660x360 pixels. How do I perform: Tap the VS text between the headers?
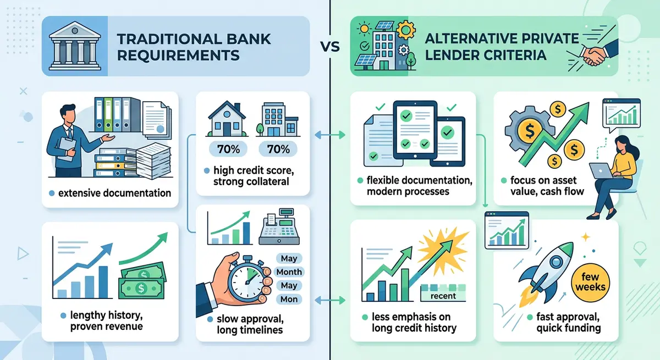point(330,47)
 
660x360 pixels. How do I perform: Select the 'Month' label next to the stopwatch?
point(289,272)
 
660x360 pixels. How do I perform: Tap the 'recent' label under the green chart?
point(443,296)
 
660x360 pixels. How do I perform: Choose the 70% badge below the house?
point(224,148)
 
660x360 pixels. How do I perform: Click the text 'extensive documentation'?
point(114,193)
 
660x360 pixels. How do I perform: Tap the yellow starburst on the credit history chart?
point(435,247)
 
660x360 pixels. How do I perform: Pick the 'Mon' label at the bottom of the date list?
point(289,299)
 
